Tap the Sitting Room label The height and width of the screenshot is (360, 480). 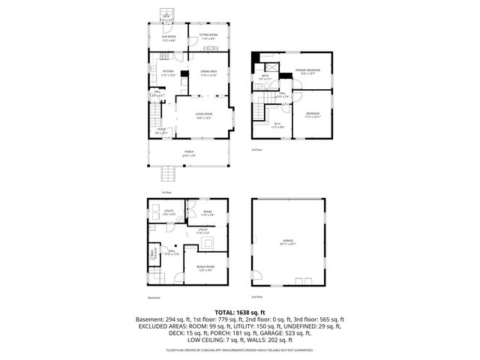[208, 36]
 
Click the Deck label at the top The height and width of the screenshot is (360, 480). [166, 17]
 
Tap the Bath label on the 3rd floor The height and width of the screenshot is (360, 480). [265, 76]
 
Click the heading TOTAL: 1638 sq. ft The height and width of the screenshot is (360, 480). [240, 311]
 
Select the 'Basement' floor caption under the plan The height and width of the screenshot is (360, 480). [154, 297]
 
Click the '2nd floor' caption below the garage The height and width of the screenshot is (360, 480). [259, 297]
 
